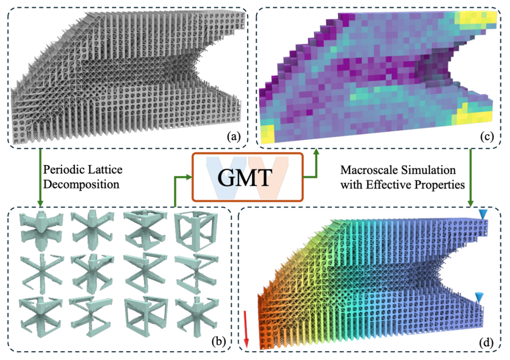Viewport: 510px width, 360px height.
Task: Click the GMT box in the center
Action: pos(247,177)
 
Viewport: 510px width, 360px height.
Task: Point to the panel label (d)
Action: pos(486,342)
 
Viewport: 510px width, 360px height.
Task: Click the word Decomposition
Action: pos(81,184)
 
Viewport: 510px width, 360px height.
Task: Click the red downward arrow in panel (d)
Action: pos(246,328)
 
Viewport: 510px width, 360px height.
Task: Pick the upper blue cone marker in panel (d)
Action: pos(483,214)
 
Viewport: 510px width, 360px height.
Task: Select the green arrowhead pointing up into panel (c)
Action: pos(315,152)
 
